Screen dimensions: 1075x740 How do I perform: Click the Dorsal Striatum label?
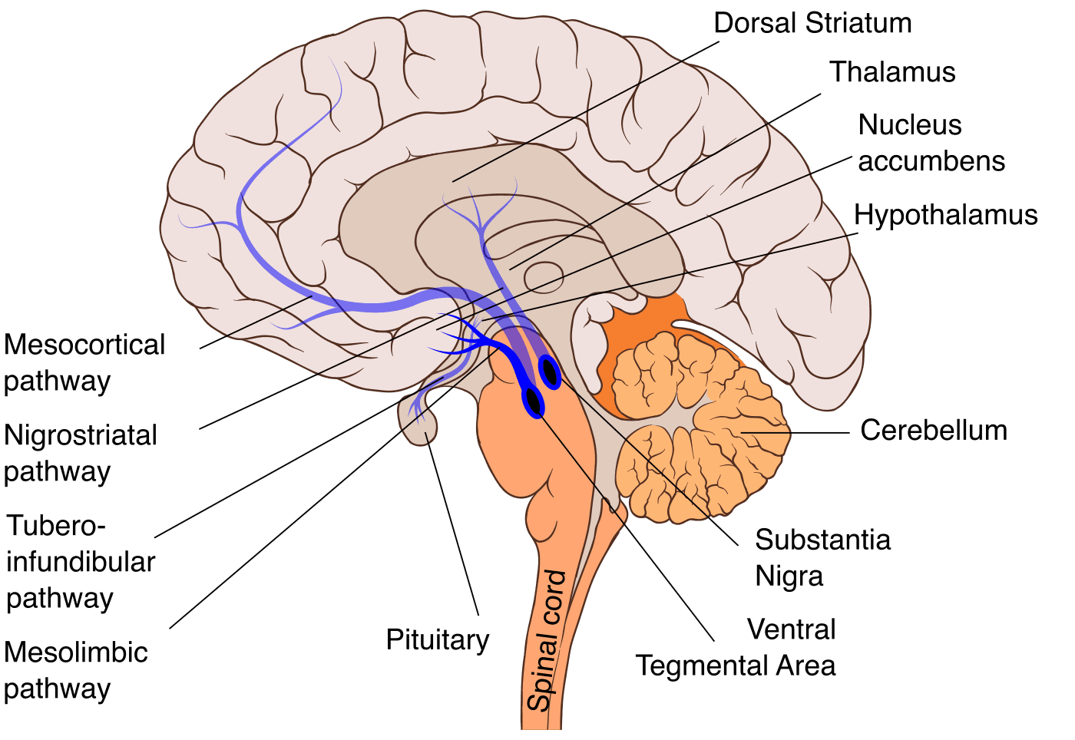[x=812, y=23]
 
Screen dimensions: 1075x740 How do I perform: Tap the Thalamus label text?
[x=892, y=72]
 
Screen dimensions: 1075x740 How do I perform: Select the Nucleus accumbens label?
[x=931, y=143]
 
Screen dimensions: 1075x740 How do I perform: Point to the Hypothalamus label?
[x=945, y=215]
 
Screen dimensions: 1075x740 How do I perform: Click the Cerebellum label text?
[x=934, y=430]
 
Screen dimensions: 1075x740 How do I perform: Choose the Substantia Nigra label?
[x=822, y=557]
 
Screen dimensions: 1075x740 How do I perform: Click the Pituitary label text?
[x=437, y=640]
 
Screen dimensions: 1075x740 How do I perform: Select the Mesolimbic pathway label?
[x=76, y=670]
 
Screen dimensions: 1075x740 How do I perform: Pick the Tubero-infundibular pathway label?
[x=80, y=562]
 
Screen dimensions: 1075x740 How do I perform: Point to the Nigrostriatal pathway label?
[x=80, y=454]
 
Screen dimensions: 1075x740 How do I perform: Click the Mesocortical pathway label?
[x=84, y=363]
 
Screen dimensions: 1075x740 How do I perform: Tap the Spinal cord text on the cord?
[x=547, y=640]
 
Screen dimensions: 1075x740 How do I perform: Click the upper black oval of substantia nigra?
[x=550, y=372]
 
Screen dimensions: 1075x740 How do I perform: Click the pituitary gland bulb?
[x=418, y=421]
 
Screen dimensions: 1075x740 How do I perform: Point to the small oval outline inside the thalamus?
[x=544, y=277]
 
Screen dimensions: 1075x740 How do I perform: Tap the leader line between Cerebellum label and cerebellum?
[x=795, y=432]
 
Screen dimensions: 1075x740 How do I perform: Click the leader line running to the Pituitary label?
[x=452, y=524]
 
